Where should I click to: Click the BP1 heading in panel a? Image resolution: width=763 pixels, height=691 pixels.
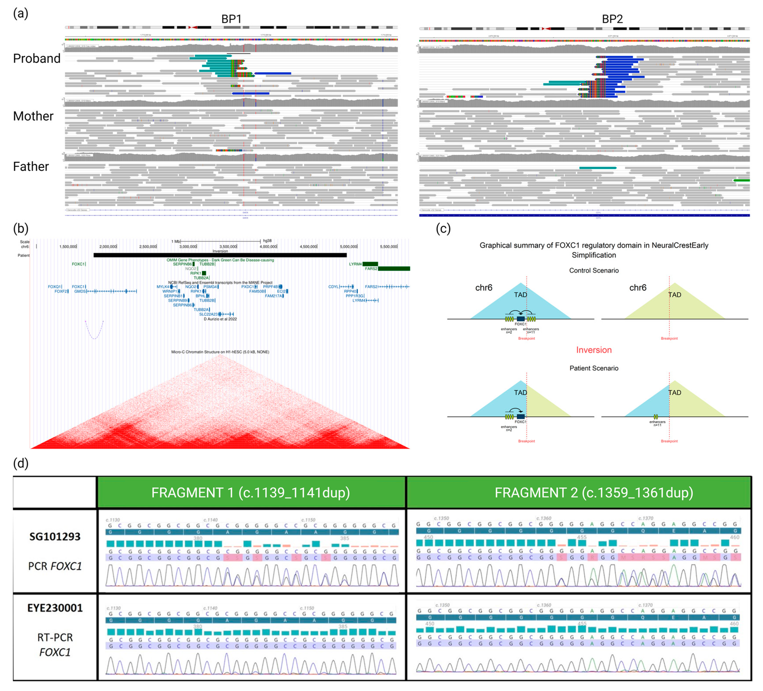pos(231,19)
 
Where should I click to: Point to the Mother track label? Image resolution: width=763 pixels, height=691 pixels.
pos(33,116)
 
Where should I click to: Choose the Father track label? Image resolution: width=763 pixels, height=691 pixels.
pos(31,167)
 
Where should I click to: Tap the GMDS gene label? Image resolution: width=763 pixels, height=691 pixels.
pos(80,291)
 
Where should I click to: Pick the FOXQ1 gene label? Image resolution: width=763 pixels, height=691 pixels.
pos(54,287)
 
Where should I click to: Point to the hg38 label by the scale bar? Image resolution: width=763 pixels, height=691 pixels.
pos(267,241)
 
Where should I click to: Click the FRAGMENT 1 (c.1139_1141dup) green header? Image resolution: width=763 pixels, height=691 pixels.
pos(250,493)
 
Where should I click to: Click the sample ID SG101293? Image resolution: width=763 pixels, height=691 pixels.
pos(55,537)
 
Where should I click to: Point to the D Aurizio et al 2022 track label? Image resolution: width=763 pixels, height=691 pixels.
pos(220,319)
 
